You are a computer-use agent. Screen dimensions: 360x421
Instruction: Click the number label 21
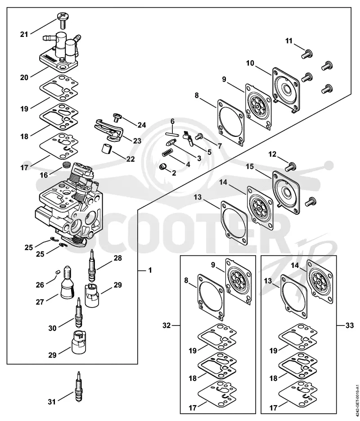[x=24, y=34]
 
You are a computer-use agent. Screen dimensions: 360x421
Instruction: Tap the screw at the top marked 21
[x=63, y=20]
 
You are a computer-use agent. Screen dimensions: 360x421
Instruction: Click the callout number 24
[x=142, y=125]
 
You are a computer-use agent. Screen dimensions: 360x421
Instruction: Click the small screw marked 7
[x=199, y=137]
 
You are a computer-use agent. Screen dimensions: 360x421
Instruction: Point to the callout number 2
[x=174, y=173]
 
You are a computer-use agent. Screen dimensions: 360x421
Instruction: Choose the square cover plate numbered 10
[x=286, y=90]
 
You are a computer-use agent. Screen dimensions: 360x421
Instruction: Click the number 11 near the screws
[x=289, y=41]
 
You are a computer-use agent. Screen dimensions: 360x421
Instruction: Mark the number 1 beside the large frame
[x=150, y=270]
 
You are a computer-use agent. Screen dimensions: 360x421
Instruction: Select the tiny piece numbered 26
[x=57, y=272]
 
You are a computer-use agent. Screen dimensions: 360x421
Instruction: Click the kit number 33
[x=350, y=326]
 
